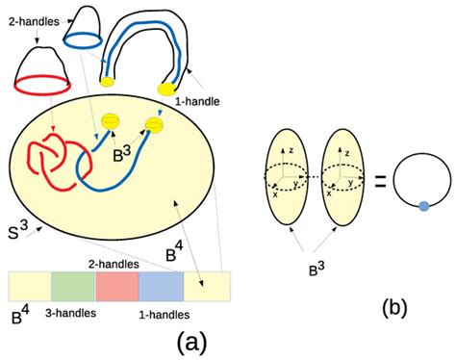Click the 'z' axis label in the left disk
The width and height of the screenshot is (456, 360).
[294, 152]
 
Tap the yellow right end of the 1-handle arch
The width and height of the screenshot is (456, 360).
[167, 89]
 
